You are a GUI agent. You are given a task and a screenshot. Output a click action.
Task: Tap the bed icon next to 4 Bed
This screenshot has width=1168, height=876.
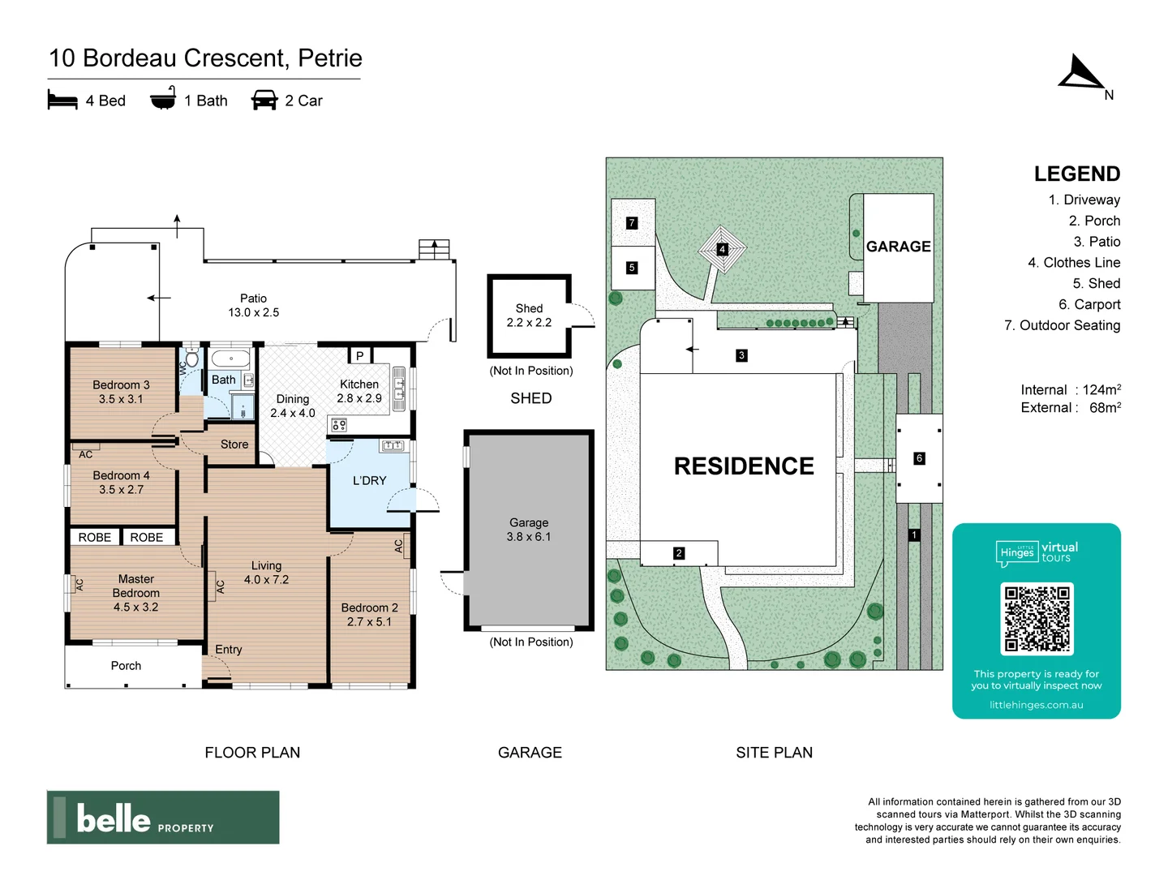pos(62,101)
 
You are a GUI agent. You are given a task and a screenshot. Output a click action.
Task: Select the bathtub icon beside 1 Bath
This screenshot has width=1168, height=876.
pos(163,99)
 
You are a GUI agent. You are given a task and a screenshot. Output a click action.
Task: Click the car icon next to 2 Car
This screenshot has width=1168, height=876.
pos(264,101)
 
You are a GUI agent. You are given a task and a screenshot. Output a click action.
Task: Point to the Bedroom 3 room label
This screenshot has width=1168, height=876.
pos(121,392)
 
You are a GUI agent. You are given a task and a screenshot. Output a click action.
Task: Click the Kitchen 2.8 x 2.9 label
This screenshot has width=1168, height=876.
pos(359,391)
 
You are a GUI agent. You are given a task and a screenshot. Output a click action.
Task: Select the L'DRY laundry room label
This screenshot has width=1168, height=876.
pos(369,480)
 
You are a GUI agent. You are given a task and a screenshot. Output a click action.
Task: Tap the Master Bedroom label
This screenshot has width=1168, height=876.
pos(136,592)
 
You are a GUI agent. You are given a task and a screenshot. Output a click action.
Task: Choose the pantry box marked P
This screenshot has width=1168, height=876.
pos(359,355)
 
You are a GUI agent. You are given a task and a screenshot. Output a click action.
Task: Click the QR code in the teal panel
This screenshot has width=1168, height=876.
pos(1037,619)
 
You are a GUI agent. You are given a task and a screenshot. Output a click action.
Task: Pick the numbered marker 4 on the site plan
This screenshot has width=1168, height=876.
pos(722,249)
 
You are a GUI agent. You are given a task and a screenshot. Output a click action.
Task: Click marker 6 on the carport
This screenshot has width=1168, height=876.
pos(919,458)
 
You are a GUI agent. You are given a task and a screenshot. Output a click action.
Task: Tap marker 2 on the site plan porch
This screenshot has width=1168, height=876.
pos(679,553)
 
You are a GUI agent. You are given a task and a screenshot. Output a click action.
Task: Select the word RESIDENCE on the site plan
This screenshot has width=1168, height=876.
pos(744,466)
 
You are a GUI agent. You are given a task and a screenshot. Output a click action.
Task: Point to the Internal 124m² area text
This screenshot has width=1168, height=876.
pos(1070,390)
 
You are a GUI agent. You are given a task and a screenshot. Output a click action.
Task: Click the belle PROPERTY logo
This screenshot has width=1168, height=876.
pos(163,818)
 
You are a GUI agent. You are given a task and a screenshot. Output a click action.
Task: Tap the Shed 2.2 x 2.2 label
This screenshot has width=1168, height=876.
pos(529,316)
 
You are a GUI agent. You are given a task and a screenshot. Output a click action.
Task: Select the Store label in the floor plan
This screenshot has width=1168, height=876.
pos(234,444)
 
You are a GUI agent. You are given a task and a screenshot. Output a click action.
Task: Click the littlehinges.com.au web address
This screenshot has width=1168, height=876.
pos(1036,705)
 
